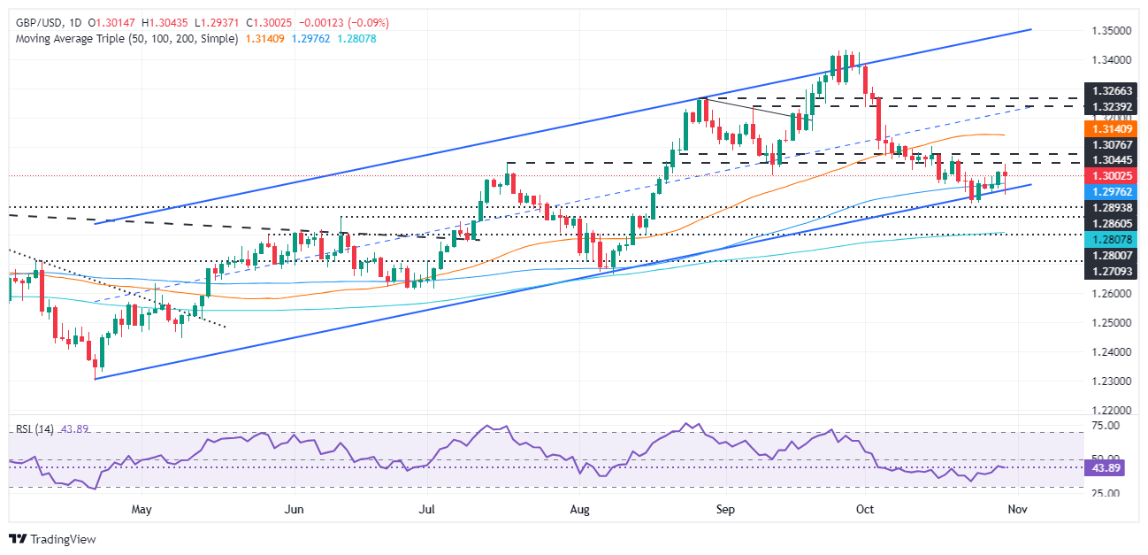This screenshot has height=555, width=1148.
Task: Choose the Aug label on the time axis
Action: tap(579, 511)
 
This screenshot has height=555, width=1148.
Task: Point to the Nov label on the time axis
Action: tap(1017, 511)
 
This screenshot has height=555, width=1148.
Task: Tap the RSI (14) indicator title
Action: tap(35, 429)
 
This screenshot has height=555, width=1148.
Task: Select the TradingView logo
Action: tap(52, 538)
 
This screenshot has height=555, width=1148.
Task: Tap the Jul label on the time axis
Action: tap(427, 511)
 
